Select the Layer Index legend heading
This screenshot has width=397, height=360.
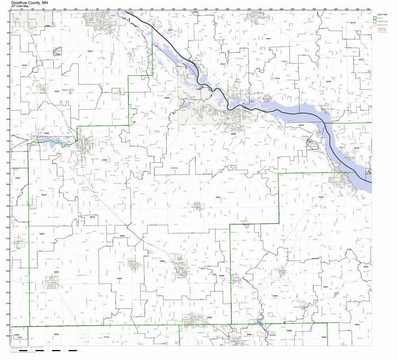(x=382, y=14)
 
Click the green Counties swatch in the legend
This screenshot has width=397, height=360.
(x=375, y=18)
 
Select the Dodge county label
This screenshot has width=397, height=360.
(x=106, y=337)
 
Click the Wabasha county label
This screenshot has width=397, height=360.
(x=316, y=258)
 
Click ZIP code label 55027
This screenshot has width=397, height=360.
(x=218, y=197)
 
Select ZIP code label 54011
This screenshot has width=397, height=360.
(x=268, y=39)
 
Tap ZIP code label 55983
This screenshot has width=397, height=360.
(x=119, y=279)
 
